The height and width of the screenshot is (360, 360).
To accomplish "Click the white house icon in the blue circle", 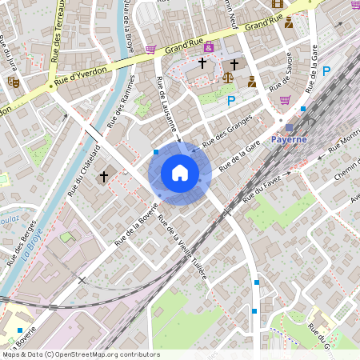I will coord(180,172).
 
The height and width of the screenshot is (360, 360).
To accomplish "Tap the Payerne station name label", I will coord(290,139).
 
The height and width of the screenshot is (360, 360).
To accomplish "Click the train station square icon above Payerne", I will coord(289,128).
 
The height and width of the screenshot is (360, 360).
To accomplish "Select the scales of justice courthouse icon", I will coord(229,79).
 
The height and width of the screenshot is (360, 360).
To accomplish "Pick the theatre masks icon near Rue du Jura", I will coord(13,81).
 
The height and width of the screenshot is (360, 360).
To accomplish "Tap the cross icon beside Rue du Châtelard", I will coord(103,175).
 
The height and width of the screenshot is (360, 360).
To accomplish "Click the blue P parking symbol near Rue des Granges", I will coord(231,101).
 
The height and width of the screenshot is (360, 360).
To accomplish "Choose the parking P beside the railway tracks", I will coord(326,71).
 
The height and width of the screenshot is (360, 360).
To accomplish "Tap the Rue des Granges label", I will coord(228,130).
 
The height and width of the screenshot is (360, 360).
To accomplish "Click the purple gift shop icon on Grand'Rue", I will coord(209,47).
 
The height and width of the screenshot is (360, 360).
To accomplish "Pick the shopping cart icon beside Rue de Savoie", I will coord(286,100).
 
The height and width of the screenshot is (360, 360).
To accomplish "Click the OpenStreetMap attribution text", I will coord(80,354).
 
